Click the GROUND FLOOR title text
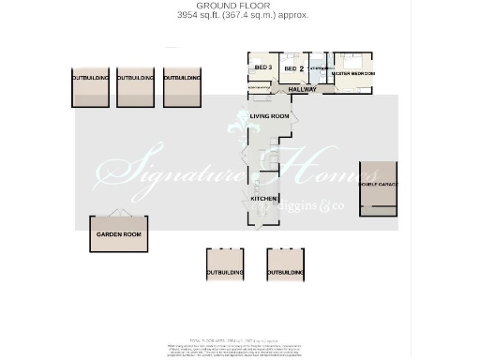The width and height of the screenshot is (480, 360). pyautogui.click(x=242, y=7)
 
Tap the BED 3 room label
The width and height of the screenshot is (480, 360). pyautogui.click(x=262, y=68)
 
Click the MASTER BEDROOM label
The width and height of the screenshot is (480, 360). pyautogui.click(x=353, y=73)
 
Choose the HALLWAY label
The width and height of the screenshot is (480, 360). pyautogui.click(x=302, y=89)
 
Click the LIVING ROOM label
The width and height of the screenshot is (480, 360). pyautogui.click(x=270, y=115)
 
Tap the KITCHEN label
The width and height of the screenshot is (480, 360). pyautogui.click(x=262, y=199)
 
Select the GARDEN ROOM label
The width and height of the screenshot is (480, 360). pyautogui.click(x=120, y=234)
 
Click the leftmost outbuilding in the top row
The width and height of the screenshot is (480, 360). pyautogui.click(x=91, y=87)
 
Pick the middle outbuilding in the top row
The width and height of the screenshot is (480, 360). pyautogui.click(x=135, y=87)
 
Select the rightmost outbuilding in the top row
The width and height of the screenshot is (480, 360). pyautogui.click(x=182, y=87)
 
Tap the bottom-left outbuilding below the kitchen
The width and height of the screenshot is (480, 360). pyautogui.click(x=225, y=265)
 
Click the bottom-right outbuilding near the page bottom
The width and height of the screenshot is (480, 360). pyautogui.click(x=286, y=265)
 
